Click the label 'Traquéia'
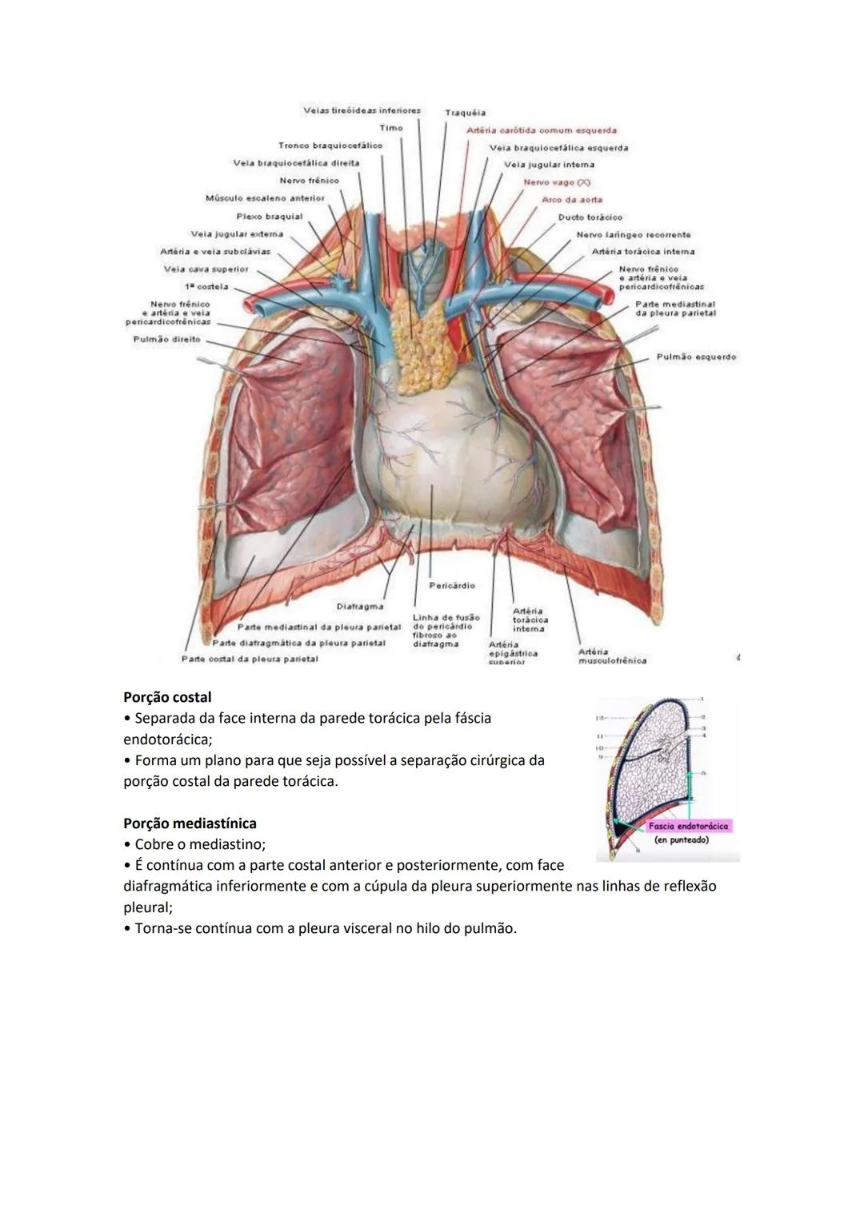pyautogui.click(x=465, y=113)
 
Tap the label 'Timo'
pyautogui.click(x=391, y=128)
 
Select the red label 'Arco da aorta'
pyautogui.click(x=572, y=199)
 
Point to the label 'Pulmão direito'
pyautogui.click(x=166, y=339)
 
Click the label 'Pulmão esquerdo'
pyautogui.click(x=696, y=357)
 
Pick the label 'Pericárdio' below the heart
pyautogui.click(x=452, y=585)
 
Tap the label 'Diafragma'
pyautogui.click(x=359, y=606)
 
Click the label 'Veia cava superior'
pyautogui.click(x=206, y=269)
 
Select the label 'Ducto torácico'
pyautogui.click(x=590, y=217)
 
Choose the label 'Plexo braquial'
pyautogui.click(x=270, y=216)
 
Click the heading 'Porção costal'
pyautogui.click(x=167, y=697)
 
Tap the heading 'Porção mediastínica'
pyautogui.click(x=190, y=823)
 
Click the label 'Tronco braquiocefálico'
pyautogui.click(x=330, y=146)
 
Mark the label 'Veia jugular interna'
pyautogui.click(x=549, y=165)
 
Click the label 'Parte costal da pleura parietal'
pyautogui.click(x=250, y=659)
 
